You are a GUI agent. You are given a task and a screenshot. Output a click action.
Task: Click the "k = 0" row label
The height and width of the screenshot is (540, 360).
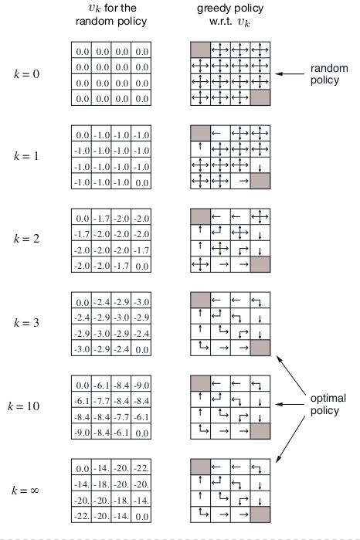[x=26, y=74]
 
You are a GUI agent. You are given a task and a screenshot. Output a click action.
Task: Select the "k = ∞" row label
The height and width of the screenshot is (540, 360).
[x=25, y=490]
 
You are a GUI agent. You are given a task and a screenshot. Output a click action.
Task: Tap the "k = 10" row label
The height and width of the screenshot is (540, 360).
[x=23, y=406]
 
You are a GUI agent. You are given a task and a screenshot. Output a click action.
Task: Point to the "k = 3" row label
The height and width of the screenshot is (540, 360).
[x=26, y=323]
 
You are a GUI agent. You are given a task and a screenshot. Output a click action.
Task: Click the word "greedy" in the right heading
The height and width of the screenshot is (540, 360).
[x=211, y=8]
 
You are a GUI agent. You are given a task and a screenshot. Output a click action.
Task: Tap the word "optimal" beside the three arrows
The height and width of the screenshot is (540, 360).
[x=328, y=399]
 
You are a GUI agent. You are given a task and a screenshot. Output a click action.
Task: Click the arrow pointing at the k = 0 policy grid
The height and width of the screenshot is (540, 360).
[x=290, y=73]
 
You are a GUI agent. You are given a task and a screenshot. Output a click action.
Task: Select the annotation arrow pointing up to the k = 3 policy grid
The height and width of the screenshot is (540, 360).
[x=291, y=375]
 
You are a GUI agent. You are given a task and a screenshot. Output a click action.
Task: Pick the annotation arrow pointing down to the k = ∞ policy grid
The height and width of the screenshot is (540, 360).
[x=290, y=439]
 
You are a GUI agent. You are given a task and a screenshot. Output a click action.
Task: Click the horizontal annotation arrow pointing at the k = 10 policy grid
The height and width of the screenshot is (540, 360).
[x=290, y=404]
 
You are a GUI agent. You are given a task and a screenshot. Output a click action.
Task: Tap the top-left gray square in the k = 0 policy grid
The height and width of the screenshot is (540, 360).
[x=200, y=49]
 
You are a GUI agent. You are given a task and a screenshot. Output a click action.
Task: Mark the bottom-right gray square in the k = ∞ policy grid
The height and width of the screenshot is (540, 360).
[x=260, y=515]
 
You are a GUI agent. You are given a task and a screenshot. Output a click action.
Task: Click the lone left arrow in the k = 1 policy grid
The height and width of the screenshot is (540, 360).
[x=216, y=134]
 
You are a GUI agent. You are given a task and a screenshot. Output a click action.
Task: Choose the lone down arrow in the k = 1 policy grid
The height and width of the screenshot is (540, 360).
[x=260, y=168]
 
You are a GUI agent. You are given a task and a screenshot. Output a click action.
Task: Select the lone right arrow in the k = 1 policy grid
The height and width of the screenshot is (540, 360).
[x=244, y=181]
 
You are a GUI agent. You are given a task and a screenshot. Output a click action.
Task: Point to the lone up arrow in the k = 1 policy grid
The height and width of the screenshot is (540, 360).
[x=200, y=146]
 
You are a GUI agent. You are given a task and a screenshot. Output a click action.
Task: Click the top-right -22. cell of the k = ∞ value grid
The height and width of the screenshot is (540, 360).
[x=141, y=467]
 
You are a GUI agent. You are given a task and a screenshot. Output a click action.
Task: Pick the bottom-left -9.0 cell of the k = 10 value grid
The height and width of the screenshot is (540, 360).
[x=82, y=432]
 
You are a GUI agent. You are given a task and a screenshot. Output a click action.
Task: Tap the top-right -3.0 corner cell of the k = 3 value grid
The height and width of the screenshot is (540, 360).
[x=141, y=301]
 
